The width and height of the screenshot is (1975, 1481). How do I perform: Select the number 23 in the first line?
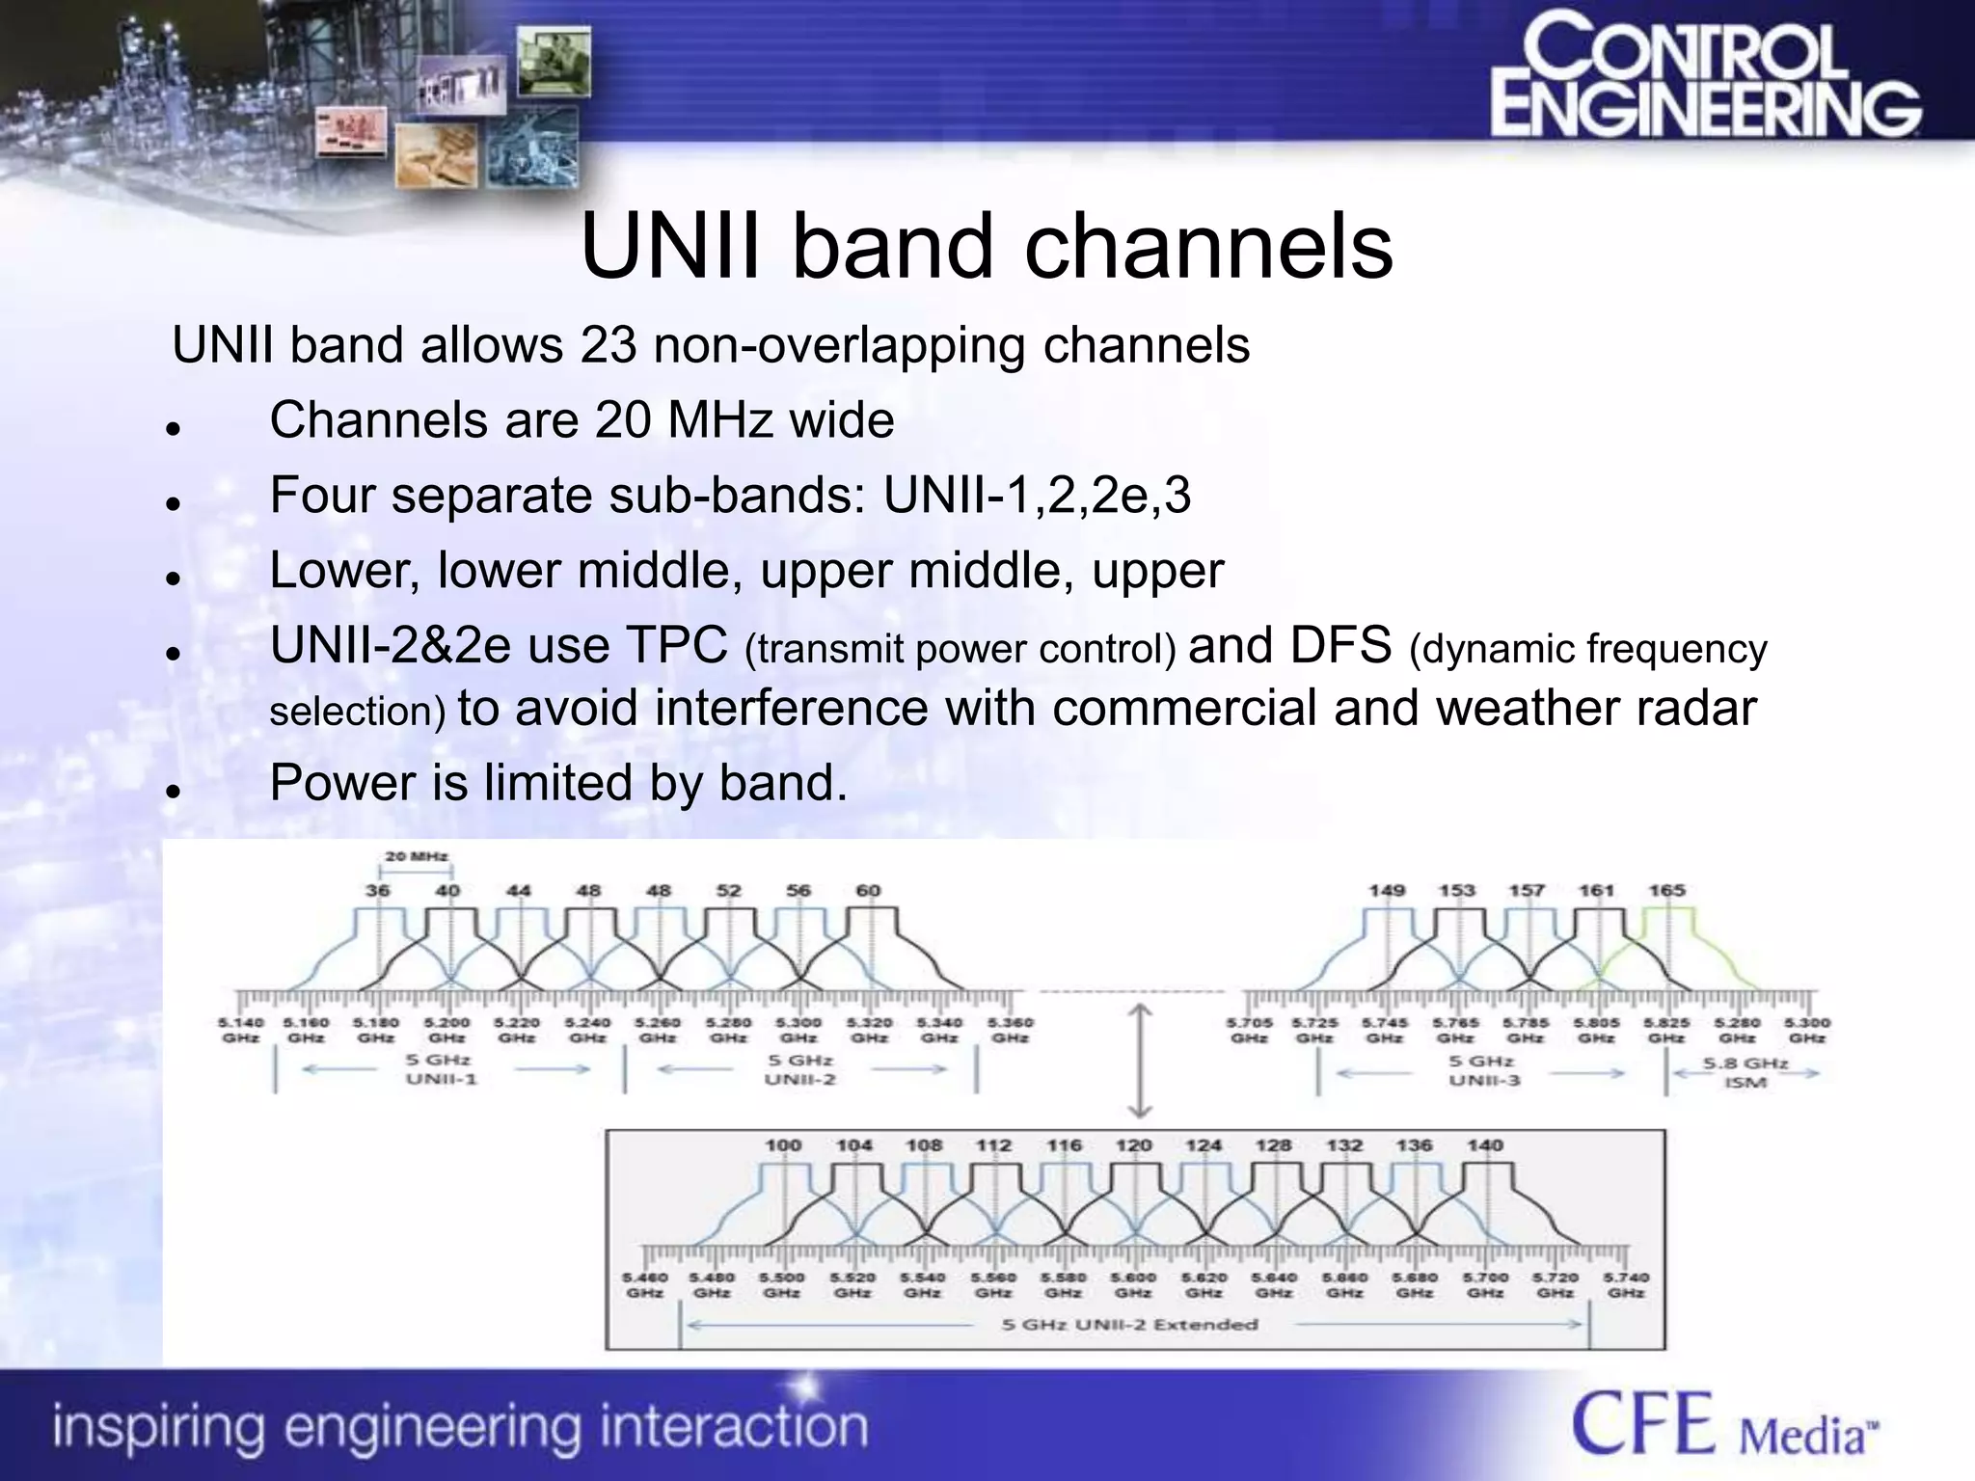pyautogui.click(x=609, y=345)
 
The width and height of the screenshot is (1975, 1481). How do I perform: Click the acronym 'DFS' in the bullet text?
pyautogui.click(x=1339, y=645)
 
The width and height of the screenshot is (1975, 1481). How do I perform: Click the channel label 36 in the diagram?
pyautogui.click(x=377, y=890)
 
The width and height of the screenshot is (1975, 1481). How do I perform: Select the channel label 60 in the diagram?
pyautogui.click(x=868, y=890)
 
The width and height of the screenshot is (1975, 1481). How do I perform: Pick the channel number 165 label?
pyautogui.click(x=1666, y=890)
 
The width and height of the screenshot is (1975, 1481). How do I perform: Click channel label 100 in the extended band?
pyautogui.click(x=783, y=1145)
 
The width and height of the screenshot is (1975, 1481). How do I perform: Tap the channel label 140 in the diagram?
pyautogui.click(x=1485, y=1145)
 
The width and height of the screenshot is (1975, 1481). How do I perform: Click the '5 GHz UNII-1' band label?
pyautogui.click(x=441, y=1069)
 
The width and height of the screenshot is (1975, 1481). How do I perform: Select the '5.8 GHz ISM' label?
pyautogui.click(x=1745, y=1072)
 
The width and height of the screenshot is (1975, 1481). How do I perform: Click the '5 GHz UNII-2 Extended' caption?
pyautogui.click(x=1130, y=1325)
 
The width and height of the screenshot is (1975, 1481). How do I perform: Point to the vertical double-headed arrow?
pyautogui.click(x=1140, y=1061)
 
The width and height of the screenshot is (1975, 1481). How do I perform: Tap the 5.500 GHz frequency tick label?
pyautogui.click(x=781, y=1284)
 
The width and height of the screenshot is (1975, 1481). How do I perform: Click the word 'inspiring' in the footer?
pyautogui.click(x=159, y=1427)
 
